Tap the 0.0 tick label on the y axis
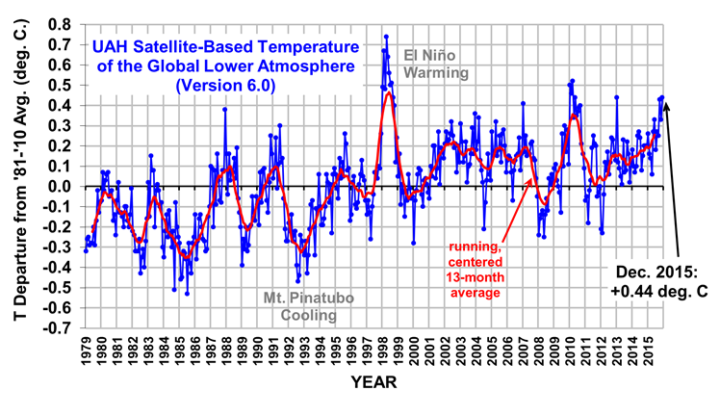coord(62,186)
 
